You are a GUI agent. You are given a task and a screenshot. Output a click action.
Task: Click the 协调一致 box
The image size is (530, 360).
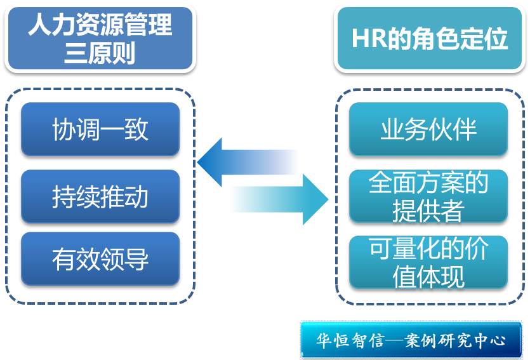click(100, 130)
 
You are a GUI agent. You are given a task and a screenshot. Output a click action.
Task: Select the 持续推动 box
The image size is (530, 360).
click(100, 196)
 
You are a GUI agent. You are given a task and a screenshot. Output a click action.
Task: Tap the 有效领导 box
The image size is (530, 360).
click(100, 259)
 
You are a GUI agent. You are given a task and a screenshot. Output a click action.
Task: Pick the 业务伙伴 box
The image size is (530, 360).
click(428, 130)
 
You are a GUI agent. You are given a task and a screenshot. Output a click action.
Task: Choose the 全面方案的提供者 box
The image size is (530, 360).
click(428, 196)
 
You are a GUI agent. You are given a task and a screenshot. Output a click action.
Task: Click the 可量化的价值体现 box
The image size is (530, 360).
click(428, 262)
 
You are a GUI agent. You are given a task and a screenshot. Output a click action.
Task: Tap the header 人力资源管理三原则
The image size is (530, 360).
click(100, 38)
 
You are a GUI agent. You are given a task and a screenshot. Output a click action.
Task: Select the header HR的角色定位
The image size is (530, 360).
click(429, 39)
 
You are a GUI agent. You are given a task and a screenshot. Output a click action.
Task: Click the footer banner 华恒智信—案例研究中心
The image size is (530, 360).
click(411, 340)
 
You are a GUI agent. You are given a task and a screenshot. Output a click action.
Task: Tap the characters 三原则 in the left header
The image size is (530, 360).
click(100, 53)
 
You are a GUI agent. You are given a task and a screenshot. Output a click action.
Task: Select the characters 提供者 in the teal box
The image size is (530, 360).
click(428, 211)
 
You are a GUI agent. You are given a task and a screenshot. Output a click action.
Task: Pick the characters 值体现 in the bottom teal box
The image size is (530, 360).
click(428, 277)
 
